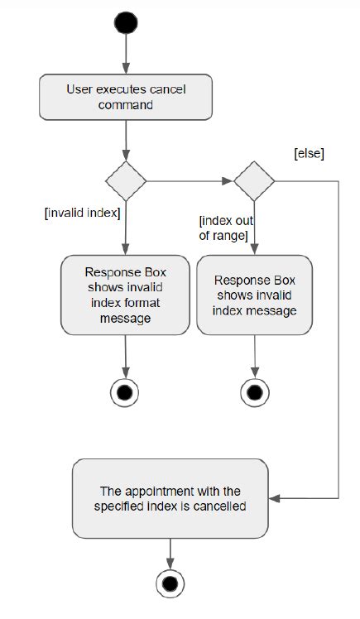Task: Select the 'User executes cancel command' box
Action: tap(125, 97)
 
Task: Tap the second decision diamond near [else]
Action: tap(254, 180)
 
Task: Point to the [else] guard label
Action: tap(309, 154)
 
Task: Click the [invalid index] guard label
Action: tap(82, 214)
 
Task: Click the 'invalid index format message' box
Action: tap(125, 295)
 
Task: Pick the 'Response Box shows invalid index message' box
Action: tap(254, 295)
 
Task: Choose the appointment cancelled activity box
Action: tap(172, 498)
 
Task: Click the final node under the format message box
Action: tap(125, 391)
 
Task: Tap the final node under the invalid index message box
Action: tap(254, 391)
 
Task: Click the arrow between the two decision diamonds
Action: tap(190, 180)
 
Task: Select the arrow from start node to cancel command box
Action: tap(125, 54)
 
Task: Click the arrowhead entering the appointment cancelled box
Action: tap(277, 498)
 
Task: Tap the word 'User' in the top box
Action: tap(79, 89)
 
